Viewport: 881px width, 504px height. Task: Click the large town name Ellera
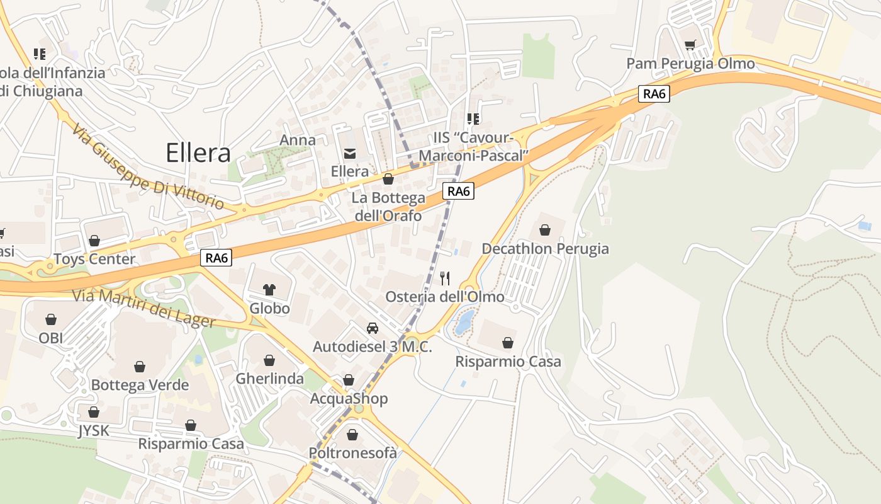pos(198,153)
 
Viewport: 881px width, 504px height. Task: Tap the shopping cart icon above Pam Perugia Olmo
pos(690,45)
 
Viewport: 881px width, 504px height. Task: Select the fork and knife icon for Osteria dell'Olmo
pos(445,278)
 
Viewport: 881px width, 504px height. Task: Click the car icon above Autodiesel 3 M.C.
pos(373,328)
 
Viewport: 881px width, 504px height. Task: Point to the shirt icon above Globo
pos(269,290)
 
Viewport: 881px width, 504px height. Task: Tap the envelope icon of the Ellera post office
pos(349,153)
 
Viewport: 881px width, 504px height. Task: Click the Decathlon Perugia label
pos(545,249)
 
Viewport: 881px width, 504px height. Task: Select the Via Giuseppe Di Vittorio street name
pos(147,168)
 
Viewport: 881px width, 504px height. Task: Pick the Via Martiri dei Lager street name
pos(144,308)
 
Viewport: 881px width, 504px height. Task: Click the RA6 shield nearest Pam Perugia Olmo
pos(654,94)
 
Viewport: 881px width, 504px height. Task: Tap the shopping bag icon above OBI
pos(51,320)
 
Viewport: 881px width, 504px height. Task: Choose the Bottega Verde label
pos(140,385)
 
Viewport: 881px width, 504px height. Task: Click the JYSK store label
pos(93,431)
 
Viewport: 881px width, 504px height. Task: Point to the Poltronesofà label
pos(352,453)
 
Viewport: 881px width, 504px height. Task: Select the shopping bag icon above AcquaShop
pos(349,380)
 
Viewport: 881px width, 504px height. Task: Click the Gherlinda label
pos(269,379)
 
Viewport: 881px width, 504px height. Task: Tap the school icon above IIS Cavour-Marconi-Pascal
pos(473,118)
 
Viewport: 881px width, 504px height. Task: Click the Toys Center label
pos(94,259)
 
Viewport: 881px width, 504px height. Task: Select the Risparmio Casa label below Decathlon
pos(508,362)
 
